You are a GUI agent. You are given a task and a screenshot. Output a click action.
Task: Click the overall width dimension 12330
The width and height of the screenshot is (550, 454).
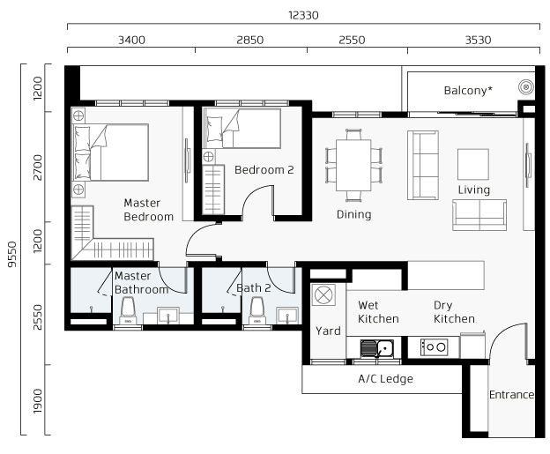pos(303,16)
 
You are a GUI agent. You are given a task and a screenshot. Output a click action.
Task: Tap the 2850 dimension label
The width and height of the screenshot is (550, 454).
pos(249,40)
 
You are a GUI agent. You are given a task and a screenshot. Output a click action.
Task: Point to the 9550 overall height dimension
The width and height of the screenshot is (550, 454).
pos(12,254)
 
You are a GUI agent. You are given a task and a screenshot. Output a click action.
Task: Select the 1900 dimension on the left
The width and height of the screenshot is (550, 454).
pos(37,401)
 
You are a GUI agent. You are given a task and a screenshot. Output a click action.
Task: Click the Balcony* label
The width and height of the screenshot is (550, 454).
pos(468,91)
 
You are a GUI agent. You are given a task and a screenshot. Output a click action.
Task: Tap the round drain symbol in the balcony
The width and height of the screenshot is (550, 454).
pos(526,86)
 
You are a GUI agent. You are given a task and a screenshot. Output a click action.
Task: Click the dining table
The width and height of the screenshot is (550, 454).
pos(353,165)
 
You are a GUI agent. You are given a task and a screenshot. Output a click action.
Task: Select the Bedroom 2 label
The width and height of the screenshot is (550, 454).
pos(264,170)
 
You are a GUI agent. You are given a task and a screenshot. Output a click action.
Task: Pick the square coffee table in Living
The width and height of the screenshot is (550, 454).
pos(473,164)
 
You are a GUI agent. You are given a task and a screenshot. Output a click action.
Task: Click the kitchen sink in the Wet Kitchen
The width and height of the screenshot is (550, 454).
pos(376,348)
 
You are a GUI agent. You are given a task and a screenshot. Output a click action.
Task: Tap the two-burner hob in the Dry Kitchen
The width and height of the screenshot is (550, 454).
pos(434,347)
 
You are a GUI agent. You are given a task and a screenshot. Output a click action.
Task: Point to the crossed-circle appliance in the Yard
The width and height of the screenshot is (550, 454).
pos(323,294)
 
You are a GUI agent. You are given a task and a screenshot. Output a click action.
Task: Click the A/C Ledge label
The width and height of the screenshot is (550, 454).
pos(385,379)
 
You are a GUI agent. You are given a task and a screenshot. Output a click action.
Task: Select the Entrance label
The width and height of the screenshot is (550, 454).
pos(511,395)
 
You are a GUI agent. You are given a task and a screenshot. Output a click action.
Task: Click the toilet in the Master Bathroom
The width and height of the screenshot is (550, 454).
pos(127,310)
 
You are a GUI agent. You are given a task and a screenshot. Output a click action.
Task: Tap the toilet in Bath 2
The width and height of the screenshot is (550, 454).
pos(256,310)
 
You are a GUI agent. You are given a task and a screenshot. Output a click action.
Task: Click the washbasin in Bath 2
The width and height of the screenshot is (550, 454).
pos(287,315)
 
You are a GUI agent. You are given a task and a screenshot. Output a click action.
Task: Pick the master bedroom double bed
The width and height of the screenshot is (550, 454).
pos(110,153)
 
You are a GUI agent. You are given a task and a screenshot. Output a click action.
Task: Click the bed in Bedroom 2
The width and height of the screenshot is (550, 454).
pos(242,128)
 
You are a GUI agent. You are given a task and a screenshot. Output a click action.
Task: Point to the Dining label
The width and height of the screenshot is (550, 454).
pos(354,214)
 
